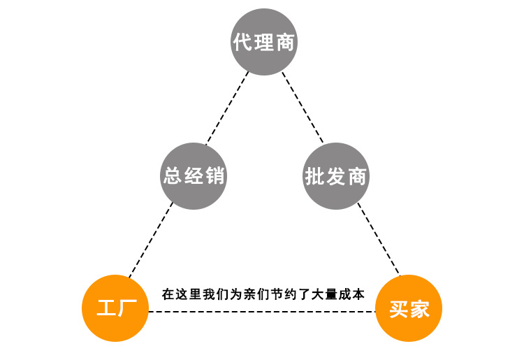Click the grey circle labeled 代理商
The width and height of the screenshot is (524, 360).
click(x=264, y=42)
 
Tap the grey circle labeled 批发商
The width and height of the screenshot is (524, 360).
click(x=336, y=176)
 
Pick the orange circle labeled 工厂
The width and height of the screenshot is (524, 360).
click(x=115, y=308)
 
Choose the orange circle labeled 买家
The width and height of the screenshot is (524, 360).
click(x=409, y=308)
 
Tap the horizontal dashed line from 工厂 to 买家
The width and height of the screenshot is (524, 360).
click(x=262, y=312)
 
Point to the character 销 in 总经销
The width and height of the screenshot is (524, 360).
click(x=215, y=175)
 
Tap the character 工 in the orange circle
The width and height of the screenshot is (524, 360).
click(x=105, y=308)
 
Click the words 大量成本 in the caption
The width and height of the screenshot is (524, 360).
click(x=343, y=294)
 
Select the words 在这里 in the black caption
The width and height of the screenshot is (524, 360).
click(x=178, y=294)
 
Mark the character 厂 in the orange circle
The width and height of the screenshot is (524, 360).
click(x=126, y=308)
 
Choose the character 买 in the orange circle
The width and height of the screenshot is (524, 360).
click(x=398, y=309)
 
